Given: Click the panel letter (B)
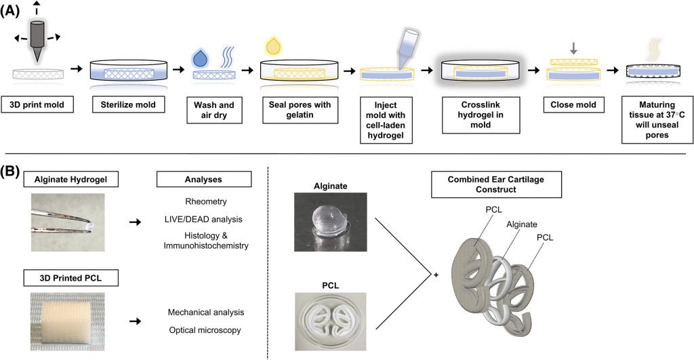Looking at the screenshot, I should [x=15, y=165].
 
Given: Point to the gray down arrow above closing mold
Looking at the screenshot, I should [x=573, y=48].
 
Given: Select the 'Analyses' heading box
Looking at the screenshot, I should [x=204, y=180].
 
